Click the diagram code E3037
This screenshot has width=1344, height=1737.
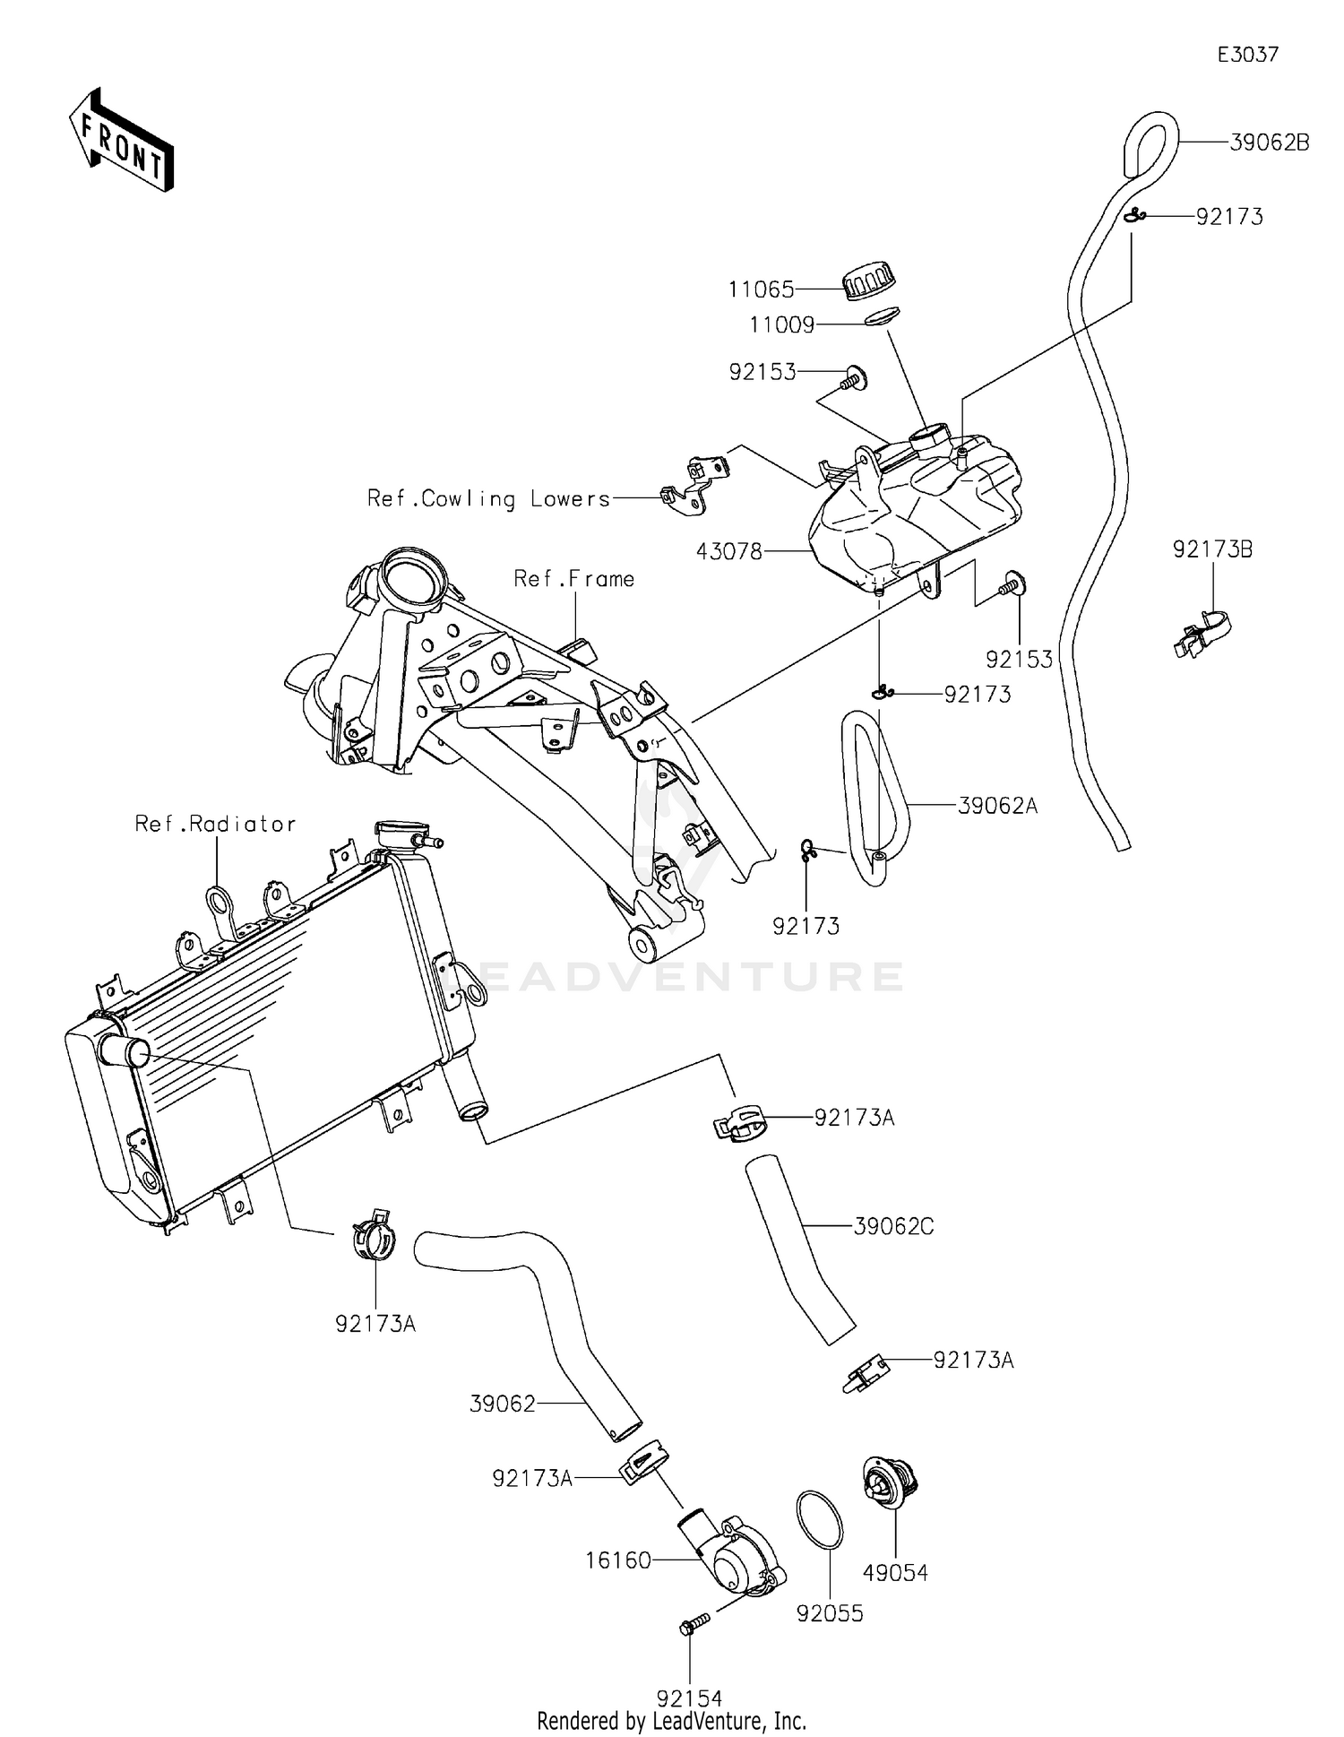1247,55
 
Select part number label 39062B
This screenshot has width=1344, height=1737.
1269,143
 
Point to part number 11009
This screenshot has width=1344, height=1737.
781,324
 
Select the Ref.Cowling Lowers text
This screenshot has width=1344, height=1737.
488,499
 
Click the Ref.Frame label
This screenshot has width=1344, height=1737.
573,579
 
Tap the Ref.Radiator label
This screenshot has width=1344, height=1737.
215,824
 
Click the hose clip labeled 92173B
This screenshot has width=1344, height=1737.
1202,631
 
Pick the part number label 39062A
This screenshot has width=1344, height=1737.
997,806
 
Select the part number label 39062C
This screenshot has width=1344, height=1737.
893,1226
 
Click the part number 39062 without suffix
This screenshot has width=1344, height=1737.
503,1404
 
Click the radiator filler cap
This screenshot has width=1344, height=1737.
401,832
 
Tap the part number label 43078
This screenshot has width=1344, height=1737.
729,551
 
